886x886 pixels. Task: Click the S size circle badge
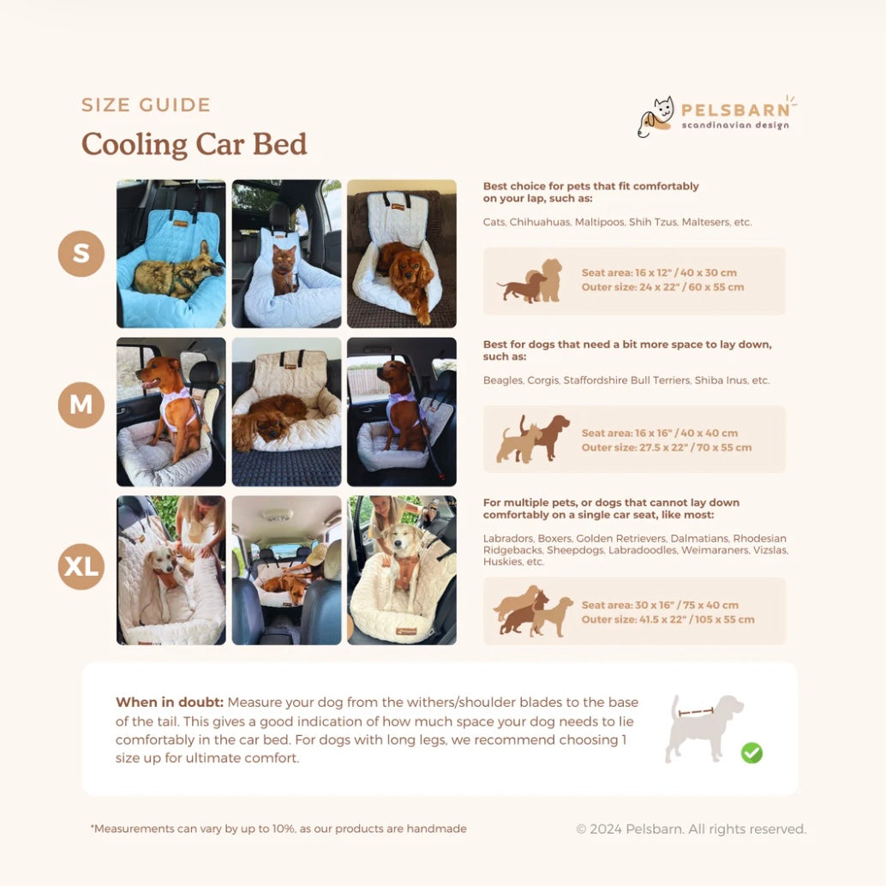coord(81,253)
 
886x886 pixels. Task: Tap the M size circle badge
coord(81,404)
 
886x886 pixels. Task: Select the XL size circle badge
coord(81,566)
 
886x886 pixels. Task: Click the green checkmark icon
coord(751,752)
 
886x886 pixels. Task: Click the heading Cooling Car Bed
coord(194,144)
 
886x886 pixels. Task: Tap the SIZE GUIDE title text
coord(146,105)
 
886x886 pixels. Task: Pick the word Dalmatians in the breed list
coord(699,538)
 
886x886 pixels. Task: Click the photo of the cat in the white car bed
coord(286,254)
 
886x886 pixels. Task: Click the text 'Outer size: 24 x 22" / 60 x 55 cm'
coord(663,287)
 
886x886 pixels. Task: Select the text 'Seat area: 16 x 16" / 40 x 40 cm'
coord(660,434)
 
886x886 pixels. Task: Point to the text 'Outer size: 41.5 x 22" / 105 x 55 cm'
coord(667,620)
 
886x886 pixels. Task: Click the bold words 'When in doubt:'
coord(170,703)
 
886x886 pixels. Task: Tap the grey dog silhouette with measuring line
coord(703,728)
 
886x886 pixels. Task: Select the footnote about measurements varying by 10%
coord(278,829)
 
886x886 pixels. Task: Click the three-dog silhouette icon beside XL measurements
coord(532,612)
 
